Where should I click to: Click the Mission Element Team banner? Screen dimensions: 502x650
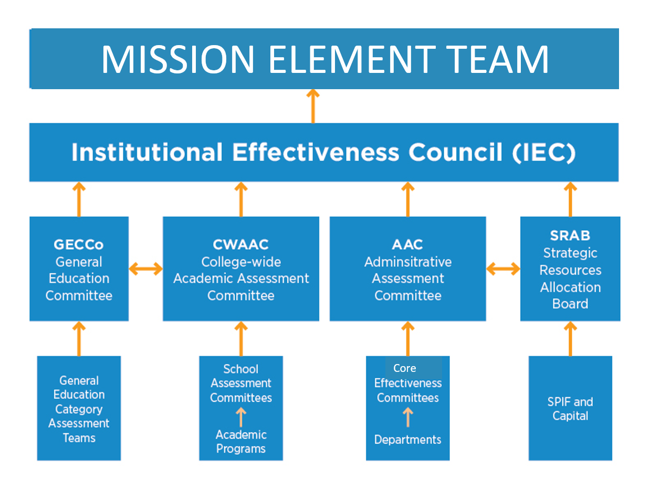point(324,59)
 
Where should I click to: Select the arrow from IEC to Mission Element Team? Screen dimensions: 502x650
point(313,106)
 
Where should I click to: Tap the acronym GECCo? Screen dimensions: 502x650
point(79,244)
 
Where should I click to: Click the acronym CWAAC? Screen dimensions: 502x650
point(240,244)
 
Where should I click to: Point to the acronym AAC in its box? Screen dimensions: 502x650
point(407,244)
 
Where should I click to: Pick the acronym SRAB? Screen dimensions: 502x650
point(570,236)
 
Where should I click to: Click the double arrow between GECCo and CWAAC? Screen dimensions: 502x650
point(145,269)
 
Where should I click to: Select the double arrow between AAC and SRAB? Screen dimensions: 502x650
point(503,269)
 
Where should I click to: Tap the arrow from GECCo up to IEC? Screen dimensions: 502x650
point(79,199)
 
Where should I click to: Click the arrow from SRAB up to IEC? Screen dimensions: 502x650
point(570,199)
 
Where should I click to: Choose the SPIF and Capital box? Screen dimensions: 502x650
point(570,409)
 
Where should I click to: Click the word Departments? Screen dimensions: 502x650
point(407,440)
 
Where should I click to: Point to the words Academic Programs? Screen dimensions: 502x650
point(241,442)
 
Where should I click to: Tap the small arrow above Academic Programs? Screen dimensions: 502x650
point(241,418)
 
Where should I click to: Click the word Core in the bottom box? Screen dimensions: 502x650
point(404,368)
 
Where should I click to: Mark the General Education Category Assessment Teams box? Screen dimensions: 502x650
point(79,409)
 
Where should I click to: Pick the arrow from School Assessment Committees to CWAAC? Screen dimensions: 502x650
point(241,339)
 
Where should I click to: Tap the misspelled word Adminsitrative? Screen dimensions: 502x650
point(408,262)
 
